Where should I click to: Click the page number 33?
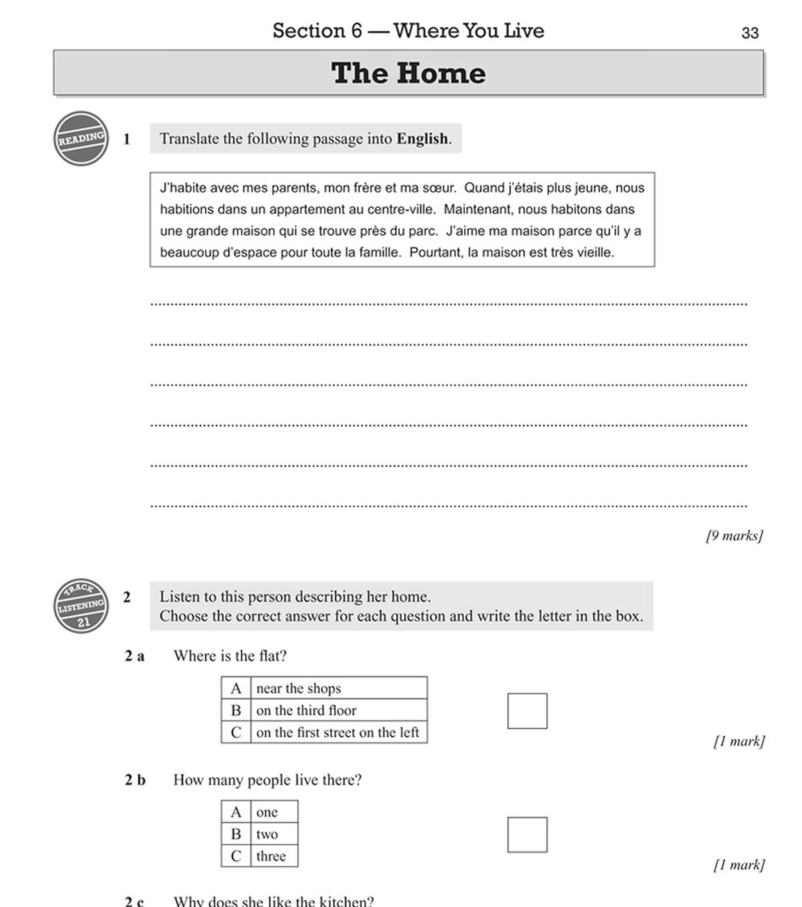750,33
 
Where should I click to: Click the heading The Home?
408,73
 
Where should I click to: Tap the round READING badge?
81,139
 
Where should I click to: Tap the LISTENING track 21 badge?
81,606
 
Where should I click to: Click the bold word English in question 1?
422,139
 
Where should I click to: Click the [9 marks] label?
734,535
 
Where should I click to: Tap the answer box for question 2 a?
527,710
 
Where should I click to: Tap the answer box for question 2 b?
527,834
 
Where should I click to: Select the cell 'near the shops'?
299,688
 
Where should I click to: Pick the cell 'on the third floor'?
306,710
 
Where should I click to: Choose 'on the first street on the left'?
338,733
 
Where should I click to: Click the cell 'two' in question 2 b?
267,834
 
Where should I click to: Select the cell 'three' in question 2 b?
271,856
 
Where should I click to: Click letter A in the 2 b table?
236,812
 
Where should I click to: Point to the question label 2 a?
134,656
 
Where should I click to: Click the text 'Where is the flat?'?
230,656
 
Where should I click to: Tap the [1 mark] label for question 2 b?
739,865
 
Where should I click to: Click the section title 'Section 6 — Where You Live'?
408,31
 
